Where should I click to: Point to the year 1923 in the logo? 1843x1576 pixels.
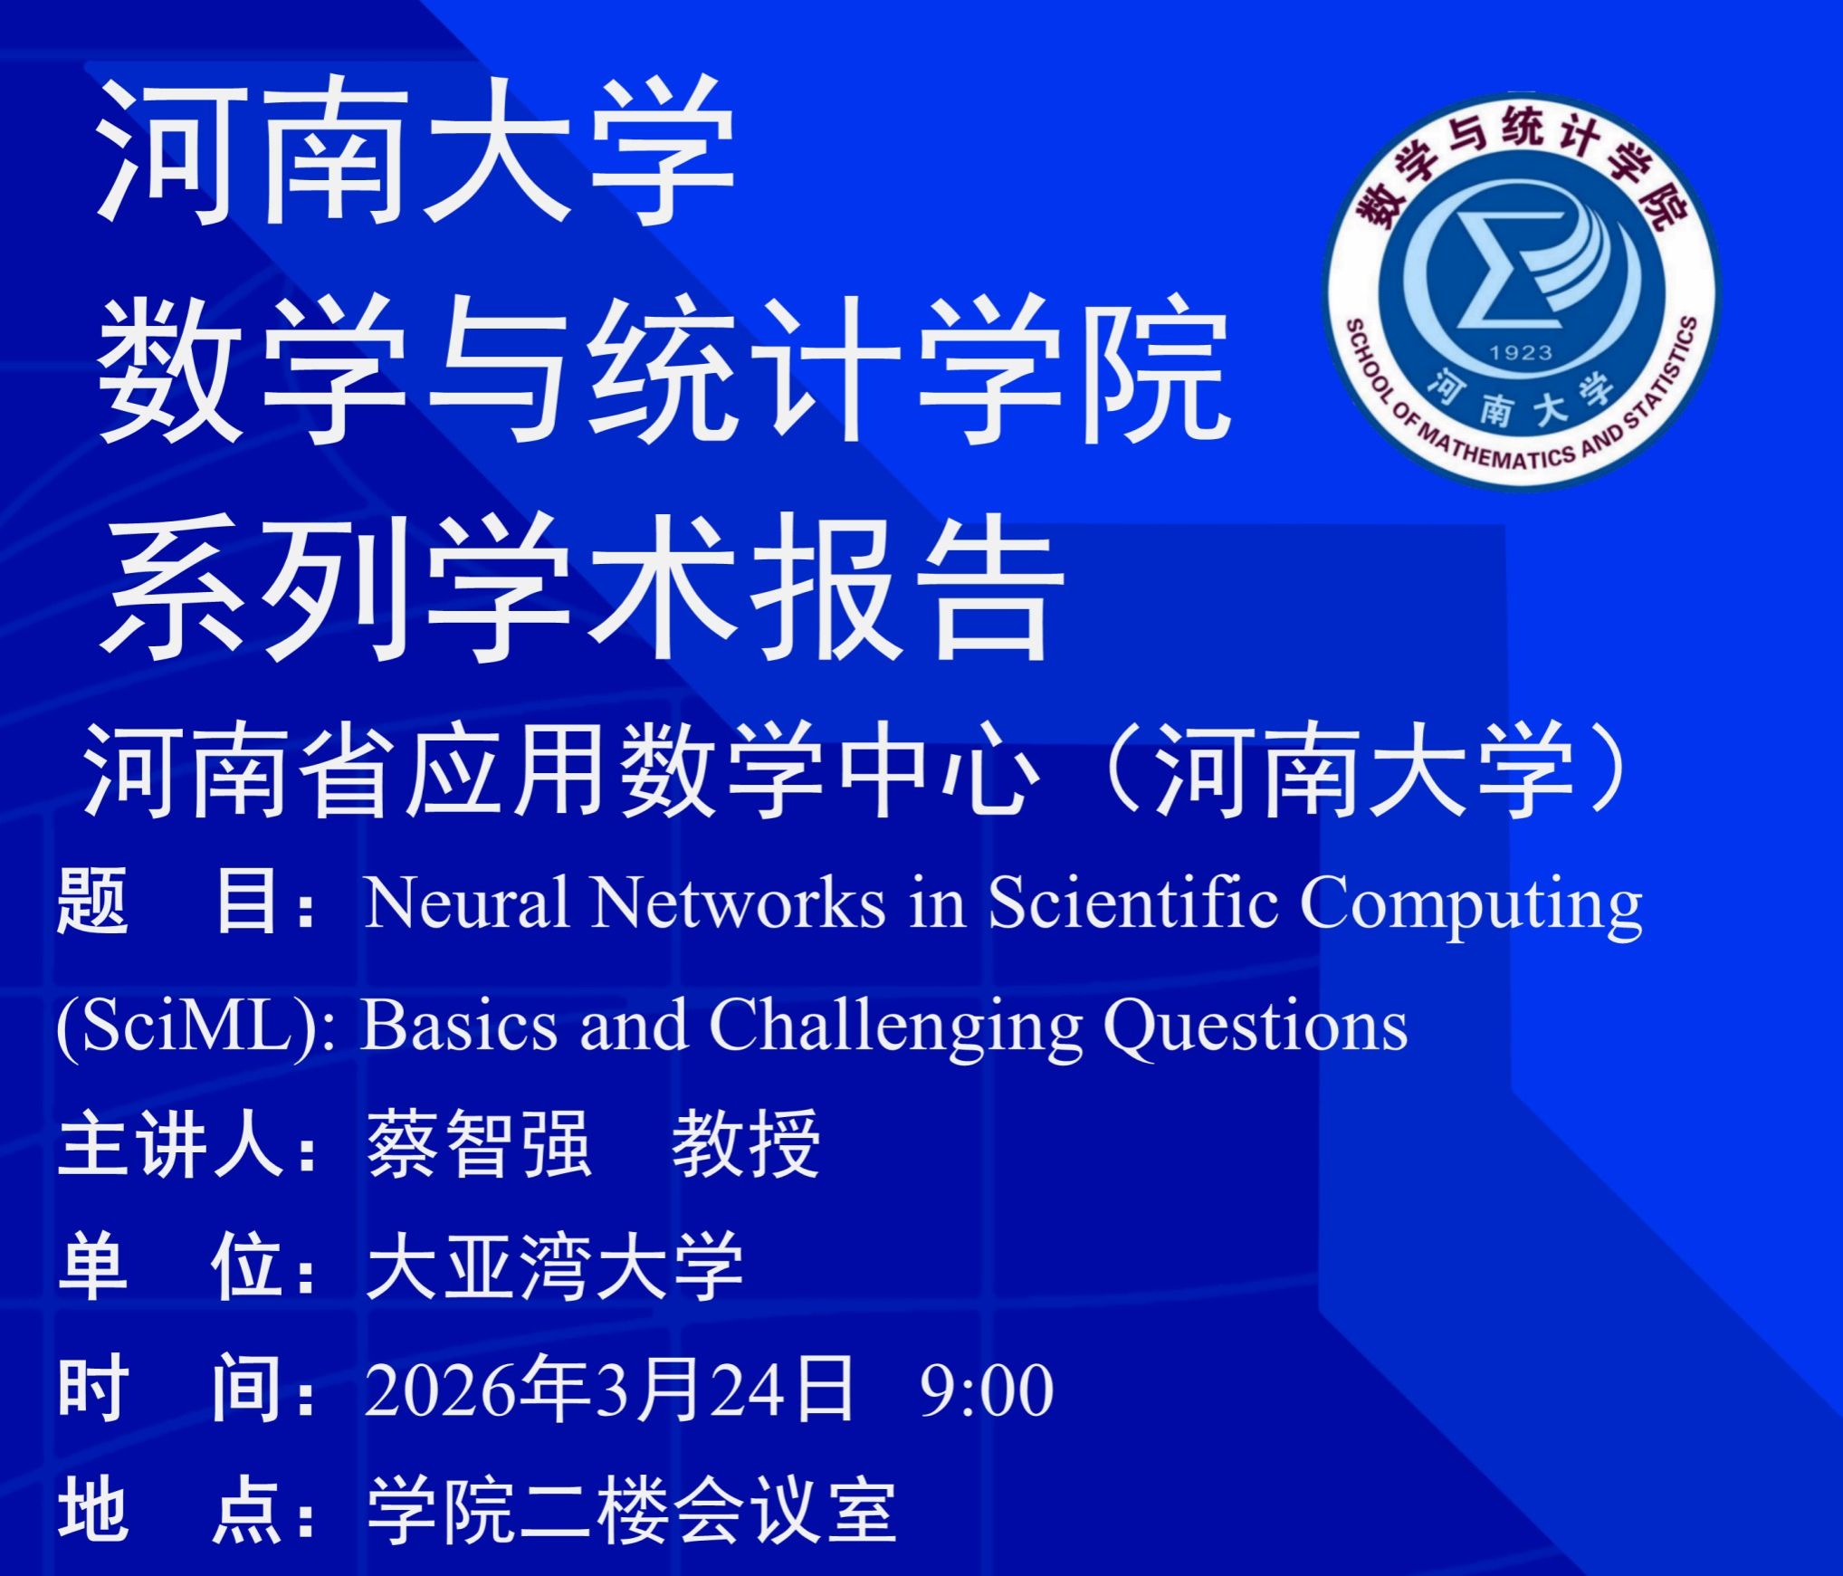point(1521,352)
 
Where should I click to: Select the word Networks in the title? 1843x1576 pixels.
point(739,903)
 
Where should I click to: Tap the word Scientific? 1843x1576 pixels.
point(1132,903)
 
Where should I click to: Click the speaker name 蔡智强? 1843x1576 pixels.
point(479,1144)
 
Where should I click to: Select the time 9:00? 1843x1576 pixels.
point(987,1390)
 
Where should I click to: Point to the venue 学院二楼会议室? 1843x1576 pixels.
point(631,1512)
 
